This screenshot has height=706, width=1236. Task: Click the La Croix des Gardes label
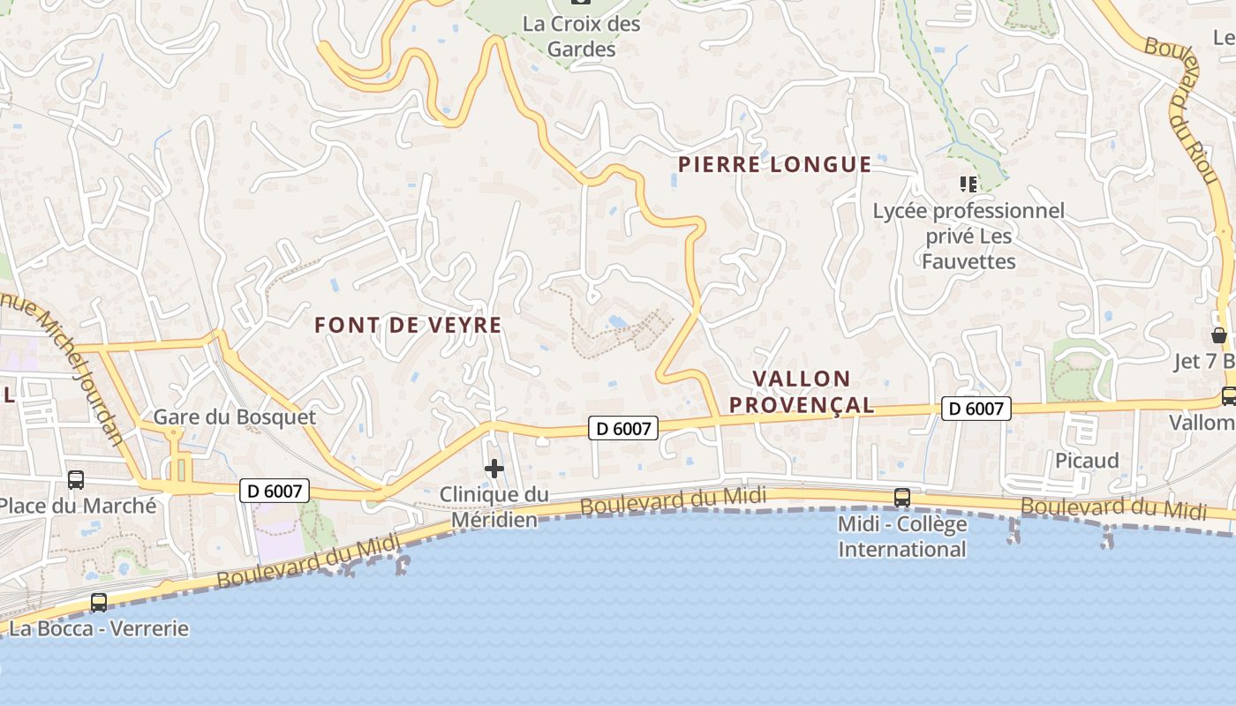click(x=581, y=36)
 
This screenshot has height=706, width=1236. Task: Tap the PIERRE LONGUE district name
click(x=774, y=164)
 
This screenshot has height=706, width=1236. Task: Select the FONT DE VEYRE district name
click(x=408, y=325)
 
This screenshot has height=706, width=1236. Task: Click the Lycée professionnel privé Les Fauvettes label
click(x=968, y=236)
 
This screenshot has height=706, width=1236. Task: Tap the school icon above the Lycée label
click(x=968, y=184)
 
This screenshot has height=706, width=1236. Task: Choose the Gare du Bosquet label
click(x=234, y=417)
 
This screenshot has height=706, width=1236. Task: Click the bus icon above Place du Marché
click(x=76, y=480)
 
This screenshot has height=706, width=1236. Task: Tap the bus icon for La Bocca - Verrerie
click(x=99, y=603)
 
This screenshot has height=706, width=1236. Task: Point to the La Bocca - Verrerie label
click(x=99, y=628)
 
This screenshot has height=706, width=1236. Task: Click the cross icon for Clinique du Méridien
click(x=494, y=469)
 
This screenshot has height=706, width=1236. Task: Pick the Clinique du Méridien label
click(x=494, y=507)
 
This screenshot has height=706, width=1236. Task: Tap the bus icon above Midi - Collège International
click(x=901, y=498)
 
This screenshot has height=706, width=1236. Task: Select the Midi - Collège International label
click(x=901, y=537)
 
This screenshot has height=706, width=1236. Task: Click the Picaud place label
click(x=1087, y=461)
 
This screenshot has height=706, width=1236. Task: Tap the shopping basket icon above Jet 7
click(x=1219, y=336)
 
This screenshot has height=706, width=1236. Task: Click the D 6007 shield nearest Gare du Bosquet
click(x=275, y=491)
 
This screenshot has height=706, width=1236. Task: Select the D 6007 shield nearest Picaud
click(x=976, y=409)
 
